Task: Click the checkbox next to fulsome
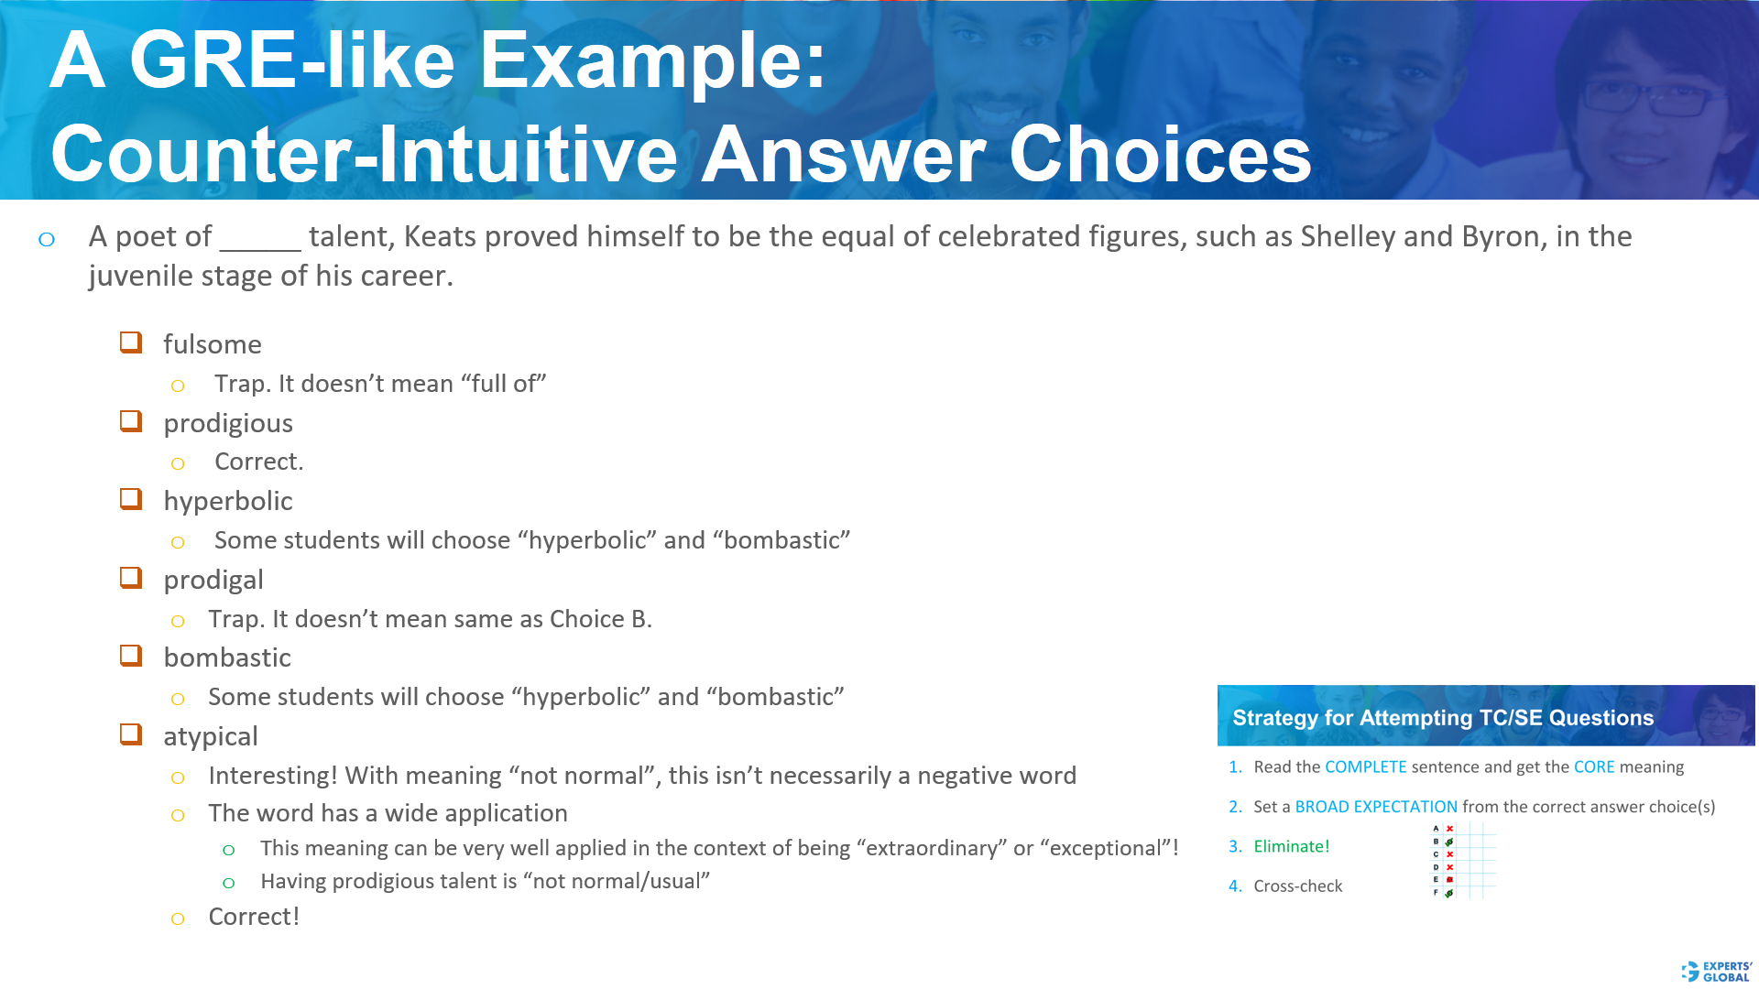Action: point(131,342)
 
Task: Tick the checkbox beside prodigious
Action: point(131,421)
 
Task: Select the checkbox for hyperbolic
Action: point(131,499)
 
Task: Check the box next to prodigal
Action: point(131,578)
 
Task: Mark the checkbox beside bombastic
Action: point(131,656)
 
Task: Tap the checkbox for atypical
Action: point(131,734)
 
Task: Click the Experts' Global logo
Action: point(1716,972)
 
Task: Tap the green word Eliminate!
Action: point(1291,846)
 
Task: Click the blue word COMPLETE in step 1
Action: point(1365,766)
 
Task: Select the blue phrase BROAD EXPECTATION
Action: point(1375,807)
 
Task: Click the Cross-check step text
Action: point(1297,886)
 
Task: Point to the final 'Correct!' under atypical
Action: point(254,917)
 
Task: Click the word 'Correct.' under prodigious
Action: point(258,462)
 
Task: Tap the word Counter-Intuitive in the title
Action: point(364,154)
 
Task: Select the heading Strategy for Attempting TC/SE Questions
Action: point(1442,718)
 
